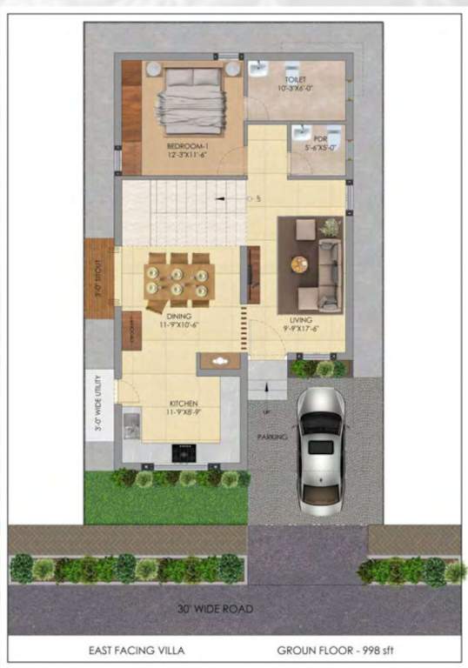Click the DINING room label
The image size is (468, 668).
[x=179, y=316]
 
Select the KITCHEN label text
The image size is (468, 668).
[x=184, y=404]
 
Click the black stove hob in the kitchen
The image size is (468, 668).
[x=184, y=452]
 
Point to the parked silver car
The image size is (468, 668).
[x=320, y=449]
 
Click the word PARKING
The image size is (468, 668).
[x=271, y=438]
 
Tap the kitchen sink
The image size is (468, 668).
[x=131, y=424]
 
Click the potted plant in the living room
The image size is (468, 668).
[x=330, y=228]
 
